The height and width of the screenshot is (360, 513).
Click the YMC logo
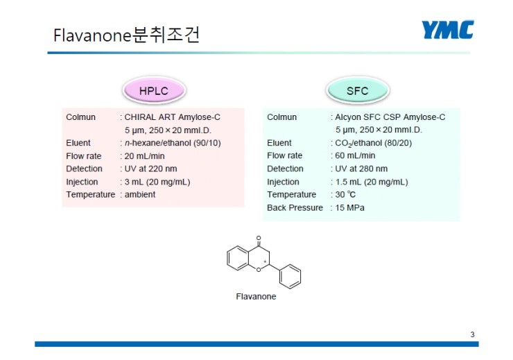click(x=448, y=29)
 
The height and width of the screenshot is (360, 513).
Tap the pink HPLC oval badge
click(x=154, y=90)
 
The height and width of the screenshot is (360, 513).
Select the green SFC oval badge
click(x=358, y=90)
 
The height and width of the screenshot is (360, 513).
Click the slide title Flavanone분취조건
click(x=126, y=35)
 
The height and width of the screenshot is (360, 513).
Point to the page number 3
click(x=472, y=334)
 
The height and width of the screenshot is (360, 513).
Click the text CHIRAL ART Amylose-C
click(x=173, y=117)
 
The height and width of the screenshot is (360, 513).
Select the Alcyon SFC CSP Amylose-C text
click(x=390, y=117)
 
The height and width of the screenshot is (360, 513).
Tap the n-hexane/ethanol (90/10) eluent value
click(x=173, y=143)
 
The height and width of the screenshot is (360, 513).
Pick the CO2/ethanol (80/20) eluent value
click(x=373, y=143)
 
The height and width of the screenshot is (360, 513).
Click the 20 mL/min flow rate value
click(x=144, y=156)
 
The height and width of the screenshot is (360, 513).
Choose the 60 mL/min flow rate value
click(x=355, y=155)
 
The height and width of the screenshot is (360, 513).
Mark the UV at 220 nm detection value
click(x=150, y=169)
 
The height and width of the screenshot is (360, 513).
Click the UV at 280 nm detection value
click(x=361, y=169)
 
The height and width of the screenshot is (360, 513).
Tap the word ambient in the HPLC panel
click(x=140, y=194)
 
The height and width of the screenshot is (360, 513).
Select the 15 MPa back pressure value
click(x=350, y=207)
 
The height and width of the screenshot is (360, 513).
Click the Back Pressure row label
click(x=295, y=207)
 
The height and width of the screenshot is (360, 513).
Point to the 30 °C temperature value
click(x=345, y=194)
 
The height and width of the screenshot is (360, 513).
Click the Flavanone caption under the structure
click(x=256, y=296)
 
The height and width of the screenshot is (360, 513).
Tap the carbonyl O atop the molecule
click(x=259, y=238)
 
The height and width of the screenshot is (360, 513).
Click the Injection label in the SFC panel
click(x=283, y=182)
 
